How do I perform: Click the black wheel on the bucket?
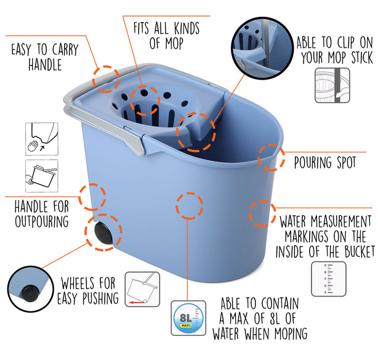click(103, 233)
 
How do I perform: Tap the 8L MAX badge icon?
click(188, 318)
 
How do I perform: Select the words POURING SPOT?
click(325, 162)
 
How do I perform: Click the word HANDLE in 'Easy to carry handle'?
click(45, 65)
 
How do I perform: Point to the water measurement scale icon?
click(329, 279)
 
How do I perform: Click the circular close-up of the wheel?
click(30, 289)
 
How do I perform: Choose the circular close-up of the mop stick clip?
click(262, 48)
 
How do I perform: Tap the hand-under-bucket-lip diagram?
click(42, 139)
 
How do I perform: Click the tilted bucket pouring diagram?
click(42, 176)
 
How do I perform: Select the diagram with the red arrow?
click(142, 289)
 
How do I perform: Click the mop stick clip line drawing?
click(332, 85)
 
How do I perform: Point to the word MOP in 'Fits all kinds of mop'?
click(174, 44)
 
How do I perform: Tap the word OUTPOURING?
click(42, 221)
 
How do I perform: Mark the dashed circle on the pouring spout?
click(271, 157)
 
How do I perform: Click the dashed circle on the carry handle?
click(106, 79)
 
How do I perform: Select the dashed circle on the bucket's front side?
click(189, 206)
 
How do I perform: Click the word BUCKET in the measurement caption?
click(360, 252)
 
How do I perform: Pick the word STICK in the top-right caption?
click(361, 58)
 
